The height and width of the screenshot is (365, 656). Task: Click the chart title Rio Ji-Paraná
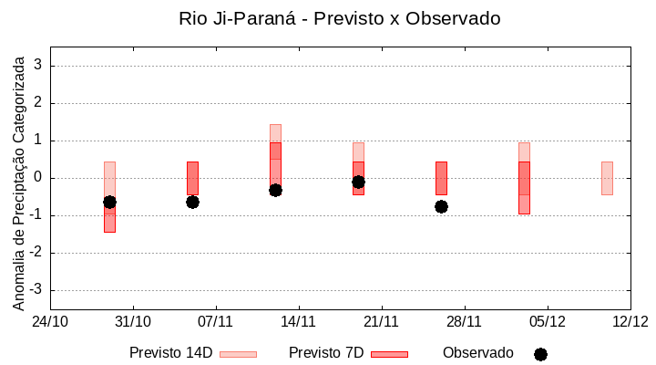(x=340, y=18)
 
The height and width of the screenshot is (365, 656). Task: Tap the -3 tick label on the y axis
(x=36, y=290)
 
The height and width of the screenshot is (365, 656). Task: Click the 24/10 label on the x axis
(x=50, y=321)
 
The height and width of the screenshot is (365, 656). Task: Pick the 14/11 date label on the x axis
(x=298, y=321)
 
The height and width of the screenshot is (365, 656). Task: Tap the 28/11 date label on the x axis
(x=464, y=321)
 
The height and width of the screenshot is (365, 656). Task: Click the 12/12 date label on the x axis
(x=630, y=321)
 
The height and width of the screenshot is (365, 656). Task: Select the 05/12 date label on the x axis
(x=547, y=321)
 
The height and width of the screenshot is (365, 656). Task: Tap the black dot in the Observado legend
(x=540, y=354)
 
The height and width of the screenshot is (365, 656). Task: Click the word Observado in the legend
(x=478, y=352)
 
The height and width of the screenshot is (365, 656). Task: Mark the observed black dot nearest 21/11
(x=358, y=182)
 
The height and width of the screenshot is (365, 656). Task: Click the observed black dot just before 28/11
(x=441, y=206)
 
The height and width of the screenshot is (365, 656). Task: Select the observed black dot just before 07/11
(x=192, y=202)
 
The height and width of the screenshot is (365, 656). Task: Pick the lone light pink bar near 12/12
(x=607, y=178)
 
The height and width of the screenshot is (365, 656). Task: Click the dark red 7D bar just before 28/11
(x=441, y=178)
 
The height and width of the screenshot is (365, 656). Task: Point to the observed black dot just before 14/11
(x=275, y=190)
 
